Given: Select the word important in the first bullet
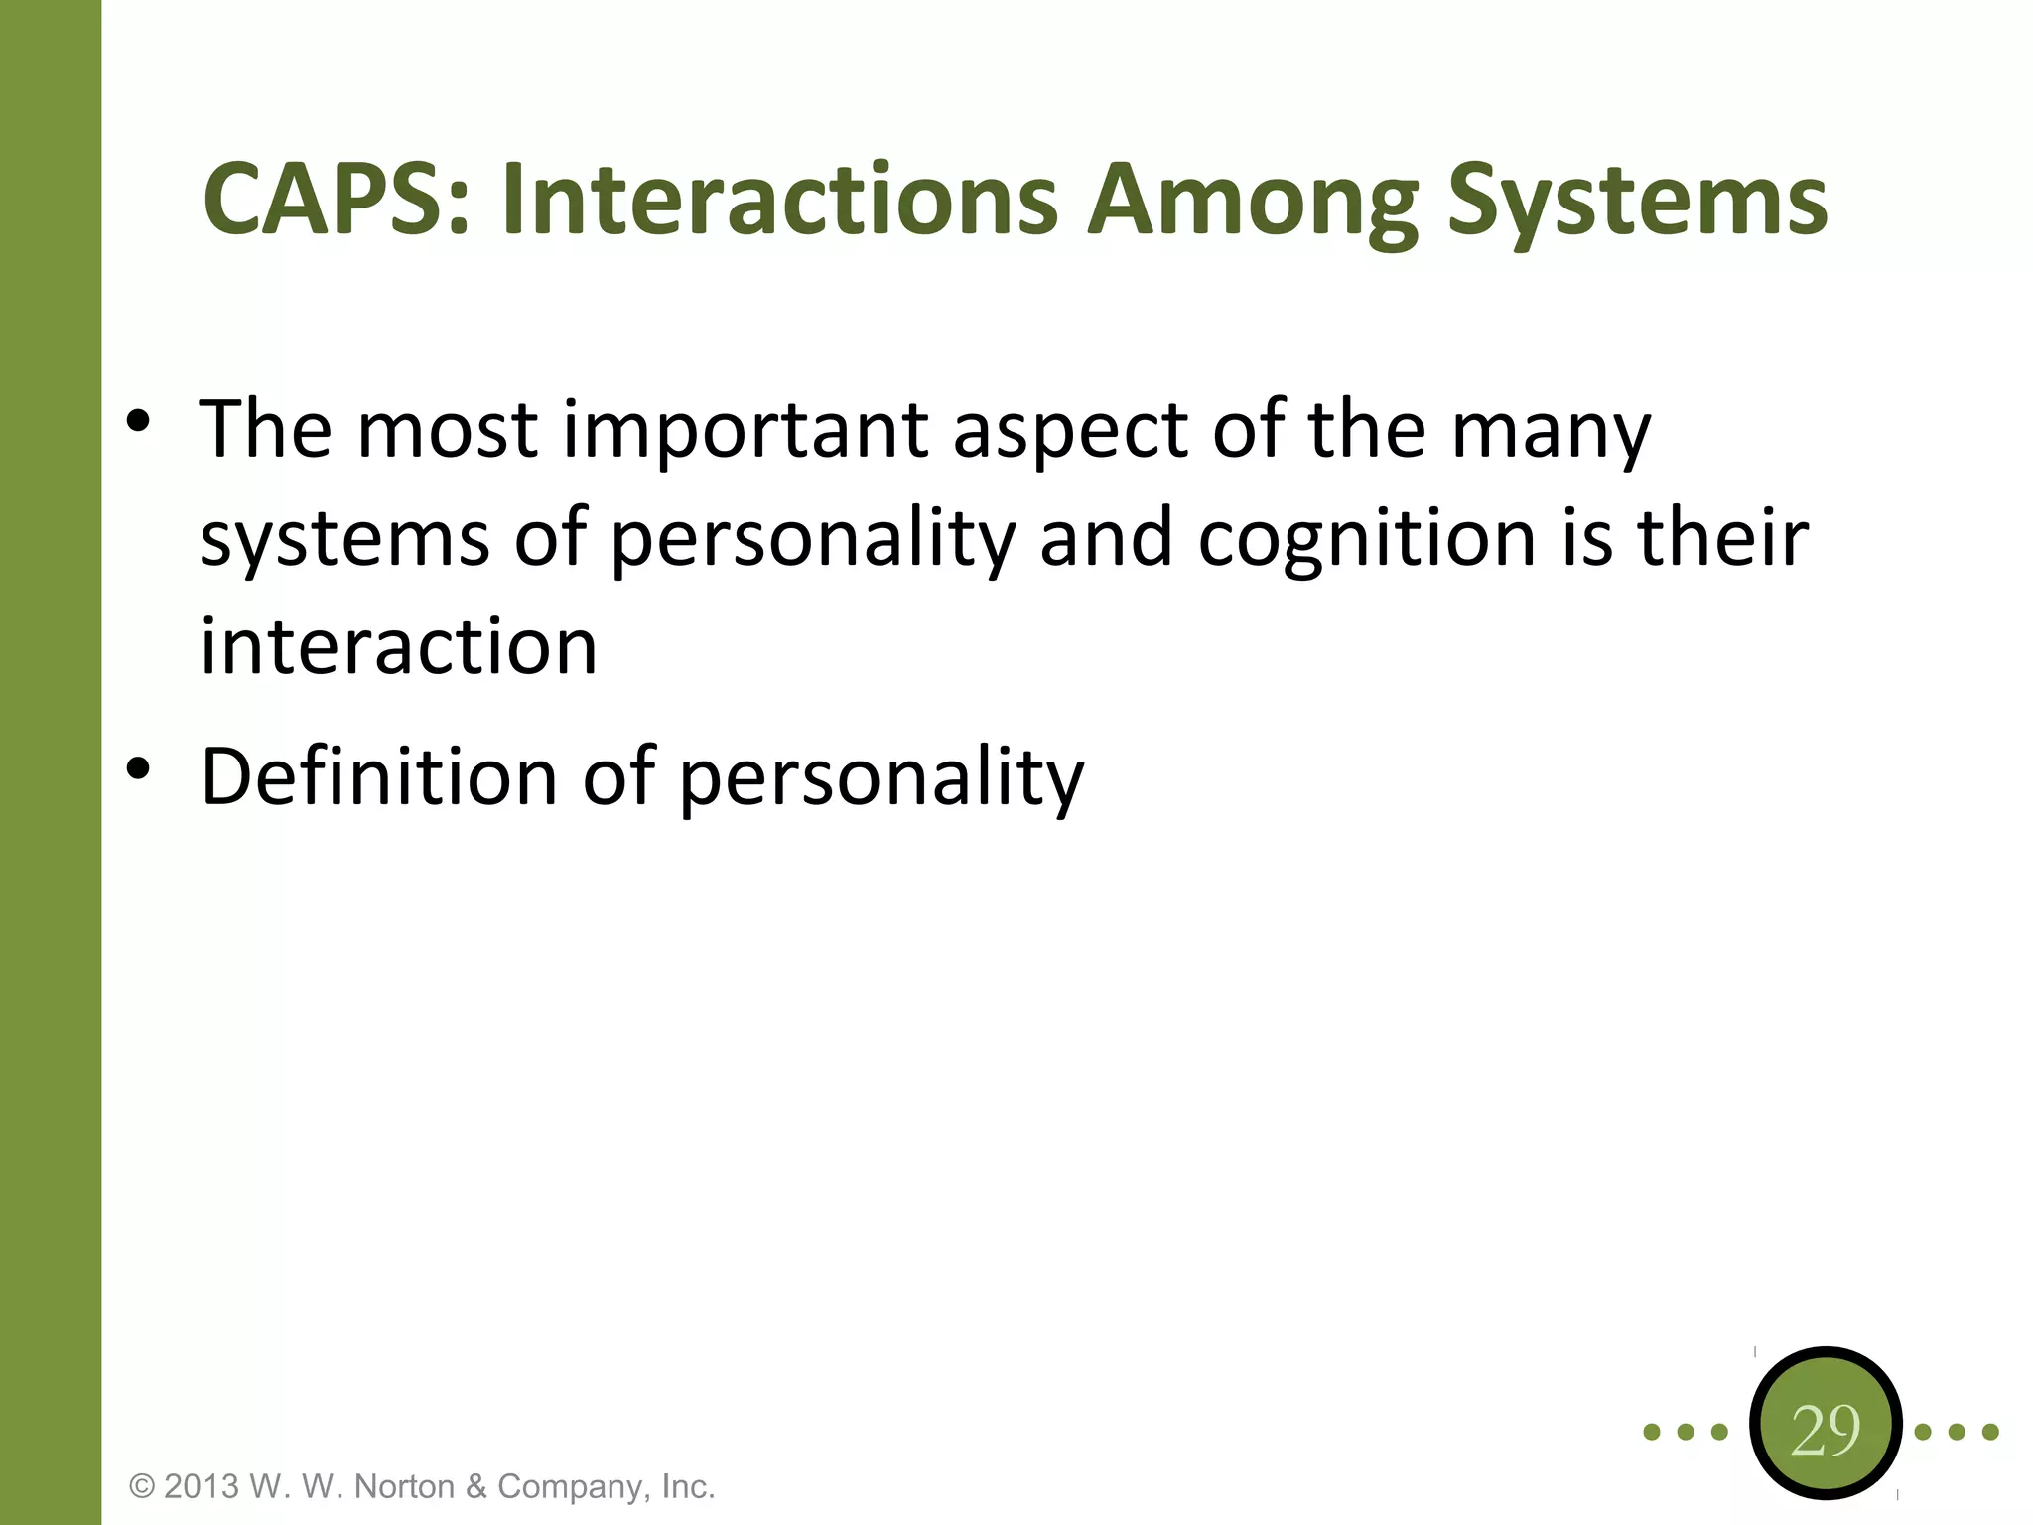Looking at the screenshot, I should point(745,433).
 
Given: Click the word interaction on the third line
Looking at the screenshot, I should point(398,647).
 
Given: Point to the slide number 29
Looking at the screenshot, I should point(1825,1431).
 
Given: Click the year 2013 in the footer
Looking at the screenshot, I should point(202,1487).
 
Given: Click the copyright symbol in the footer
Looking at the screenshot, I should point(143,1487).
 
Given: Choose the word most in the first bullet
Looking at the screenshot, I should point(447,431).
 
